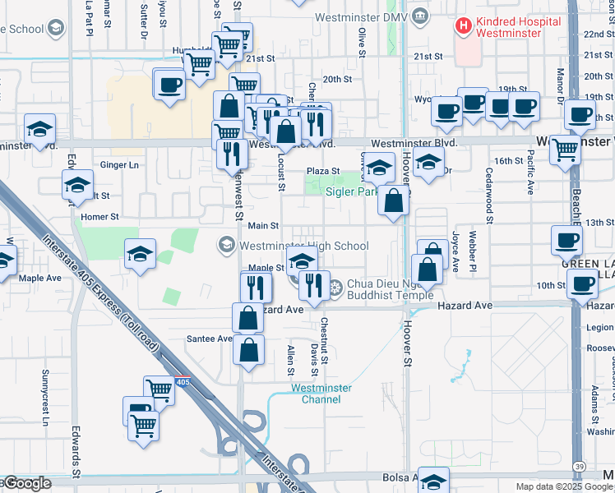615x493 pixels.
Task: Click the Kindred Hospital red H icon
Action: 465,25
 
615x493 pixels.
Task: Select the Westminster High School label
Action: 303,245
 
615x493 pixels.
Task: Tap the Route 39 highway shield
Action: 579,466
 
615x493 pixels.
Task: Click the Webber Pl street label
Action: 473,251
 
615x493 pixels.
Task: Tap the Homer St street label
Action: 101,218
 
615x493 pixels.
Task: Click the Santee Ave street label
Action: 210,339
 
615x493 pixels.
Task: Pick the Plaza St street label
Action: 323,171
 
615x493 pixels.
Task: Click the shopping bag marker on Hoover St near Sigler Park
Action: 394,200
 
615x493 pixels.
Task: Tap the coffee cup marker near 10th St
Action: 583,285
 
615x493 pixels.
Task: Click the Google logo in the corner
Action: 26,484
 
